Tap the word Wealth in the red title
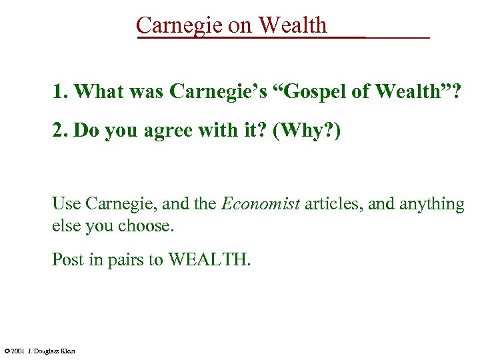[x=293, y=25]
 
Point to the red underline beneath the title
[x=283, y=37]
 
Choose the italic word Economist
[x=261, y=203]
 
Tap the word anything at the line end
[x=431, y=203]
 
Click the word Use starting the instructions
[x=65, y=203]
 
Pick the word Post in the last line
[x=67, y=259]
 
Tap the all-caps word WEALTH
[x=208, y=259]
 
